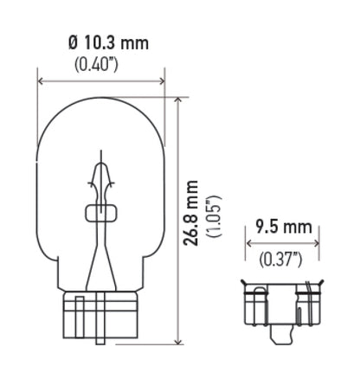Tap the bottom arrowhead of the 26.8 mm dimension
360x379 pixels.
point(177,342)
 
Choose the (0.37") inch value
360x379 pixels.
point(280,258)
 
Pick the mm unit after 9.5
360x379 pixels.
point(299,228)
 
